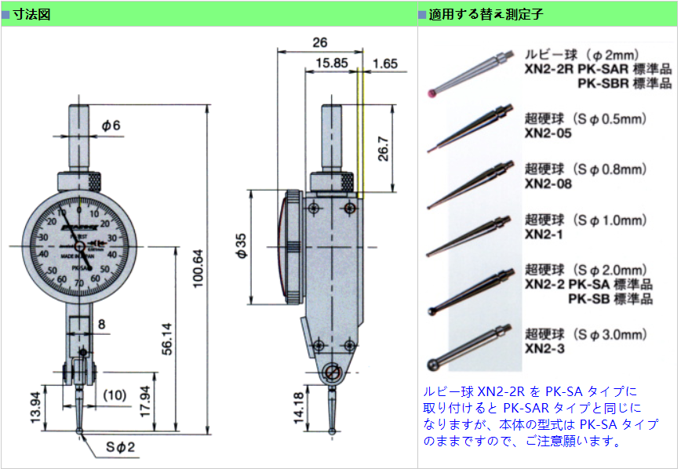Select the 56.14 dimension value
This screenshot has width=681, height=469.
click(166, 339)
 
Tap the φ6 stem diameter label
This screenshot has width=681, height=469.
click(112, 125)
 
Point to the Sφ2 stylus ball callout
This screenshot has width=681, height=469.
click(122, 447)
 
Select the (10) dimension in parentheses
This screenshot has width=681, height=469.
click(115, 394)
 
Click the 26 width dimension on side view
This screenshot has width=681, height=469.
click(319, 42)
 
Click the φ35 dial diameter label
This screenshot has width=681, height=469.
click(241, 246)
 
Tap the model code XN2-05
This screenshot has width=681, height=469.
click(548, 133)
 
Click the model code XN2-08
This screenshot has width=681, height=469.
click(548, 184)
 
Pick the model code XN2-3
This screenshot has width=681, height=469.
click(544, 348)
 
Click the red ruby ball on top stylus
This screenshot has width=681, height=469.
click(434, 93)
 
